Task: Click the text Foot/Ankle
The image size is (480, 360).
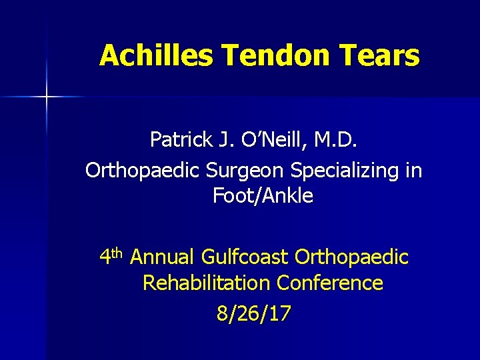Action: [263, 196]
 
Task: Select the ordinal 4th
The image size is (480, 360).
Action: [111, 255]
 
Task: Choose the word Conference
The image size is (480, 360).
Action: [330, 283]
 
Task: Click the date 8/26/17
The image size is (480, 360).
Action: [253, 314]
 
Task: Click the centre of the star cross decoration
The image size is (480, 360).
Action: [47, 97]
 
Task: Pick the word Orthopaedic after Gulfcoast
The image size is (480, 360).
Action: [351, 257]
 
